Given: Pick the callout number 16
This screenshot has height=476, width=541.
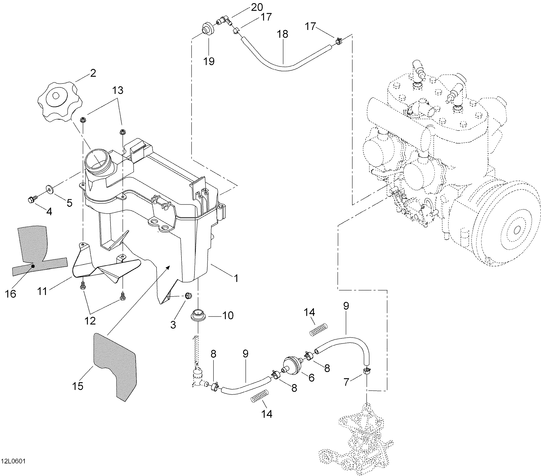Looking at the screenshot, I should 11,294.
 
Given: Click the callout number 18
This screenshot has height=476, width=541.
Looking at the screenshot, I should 283,34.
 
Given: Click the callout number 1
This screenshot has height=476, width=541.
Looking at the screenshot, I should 235,278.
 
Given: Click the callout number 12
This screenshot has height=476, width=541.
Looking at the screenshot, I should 90,321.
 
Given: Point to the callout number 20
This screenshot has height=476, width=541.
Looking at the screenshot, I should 257,8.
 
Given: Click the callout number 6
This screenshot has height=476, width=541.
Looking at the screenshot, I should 311,378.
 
